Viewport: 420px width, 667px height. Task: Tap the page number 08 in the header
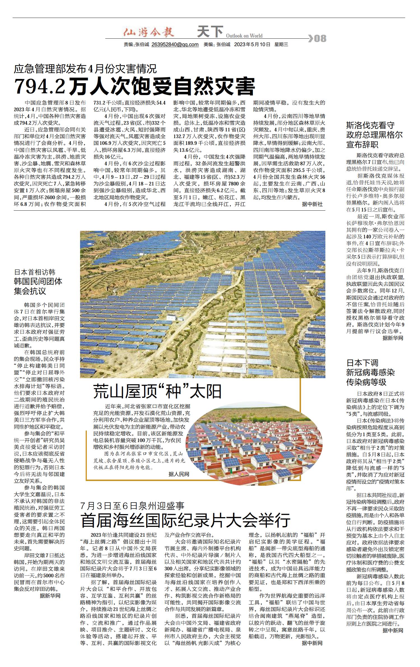point(320,38)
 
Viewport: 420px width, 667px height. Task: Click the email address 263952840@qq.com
point(175,44)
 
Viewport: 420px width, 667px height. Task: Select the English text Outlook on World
point(244,36)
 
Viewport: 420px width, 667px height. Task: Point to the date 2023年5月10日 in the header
point(252,44)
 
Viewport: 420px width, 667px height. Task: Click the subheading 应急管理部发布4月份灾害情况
point(85,69)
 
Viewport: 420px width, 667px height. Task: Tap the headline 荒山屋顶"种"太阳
point(157,391)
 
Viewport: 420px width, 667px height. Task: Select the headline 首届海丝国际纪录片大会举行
point(185,520)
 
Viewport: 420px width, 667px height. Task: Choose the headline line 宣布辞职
point(362,145)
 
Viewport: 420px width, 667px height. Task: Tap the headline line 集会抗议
point(30,291)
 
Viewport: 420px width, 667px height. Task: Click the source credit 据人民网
point(179,474)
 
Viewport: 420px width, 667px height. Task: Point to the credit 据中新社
point(312,204)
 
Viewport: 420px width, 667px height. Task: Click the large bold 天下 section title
point(210,32)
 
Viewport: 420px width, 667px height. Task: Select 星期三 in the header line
point(281,44)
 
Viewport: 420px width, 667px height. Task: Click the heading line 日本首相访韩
point(35,272)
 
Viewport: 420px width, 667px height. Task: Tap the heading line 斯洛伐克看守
point(370,125)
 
